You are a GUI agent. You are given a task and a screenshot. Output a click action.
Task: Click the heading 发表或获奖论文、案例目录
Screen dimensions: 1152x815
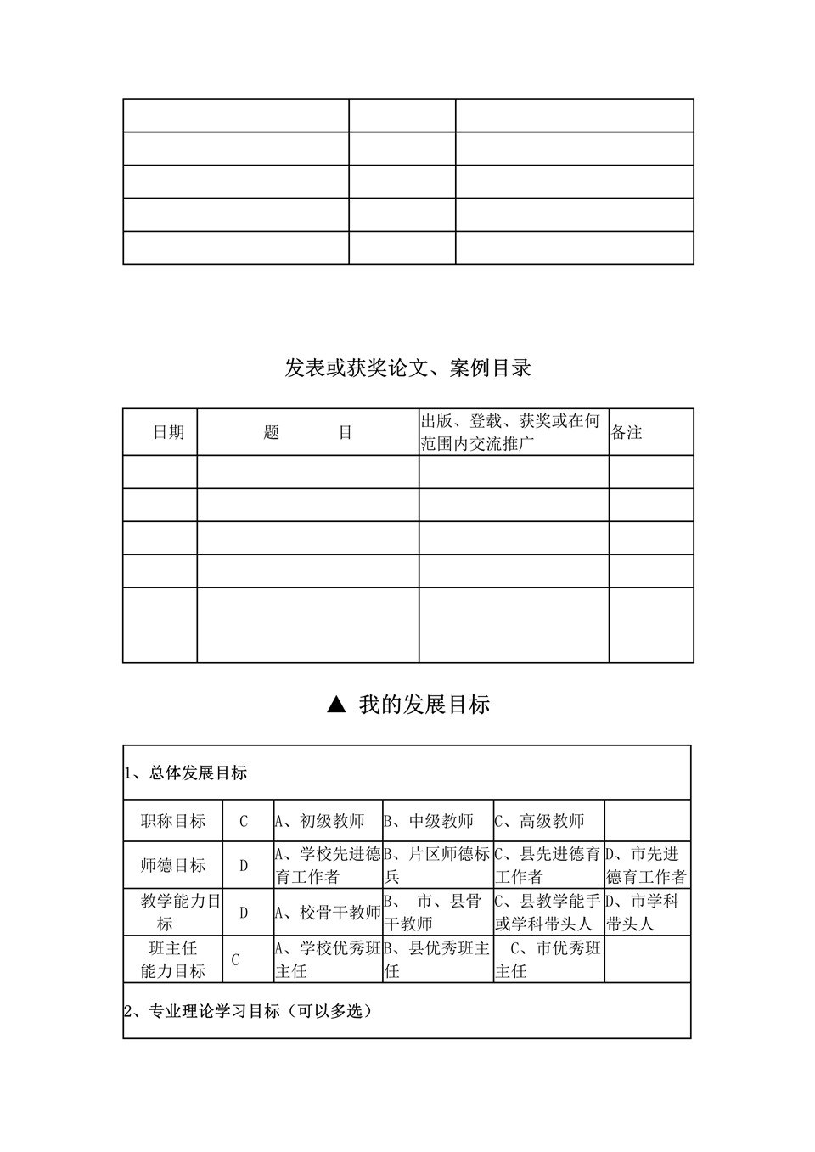point(407,368)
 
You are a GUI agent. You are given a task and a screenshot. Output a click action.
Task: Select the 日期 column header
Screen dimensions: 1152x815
point(168,432)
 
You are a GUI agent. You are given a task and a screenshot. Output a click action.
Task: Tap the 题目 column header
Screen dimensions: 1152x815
point(307,432)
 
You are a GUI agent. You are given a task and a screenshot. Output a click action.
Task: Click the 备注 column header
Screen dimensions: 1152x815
point(627,432)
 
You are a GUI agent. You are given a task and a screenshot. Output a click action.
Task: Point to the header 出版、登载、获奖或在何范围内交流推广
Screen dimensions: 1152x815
point(511,432)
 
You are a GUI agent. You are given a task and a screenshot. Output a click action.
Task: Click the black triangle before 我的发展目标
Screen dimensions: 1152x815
point(336,705)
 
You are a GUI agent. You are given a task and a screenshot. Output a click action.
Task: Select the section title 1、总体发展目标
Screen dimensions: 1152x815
point(186,773)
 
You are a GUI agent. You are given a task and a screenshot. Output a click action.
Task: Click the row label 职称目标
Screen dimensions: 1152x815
point(173,821)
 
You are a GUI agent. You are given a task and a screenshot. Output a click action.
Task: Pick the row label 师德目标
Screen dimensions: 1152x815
point(173,865)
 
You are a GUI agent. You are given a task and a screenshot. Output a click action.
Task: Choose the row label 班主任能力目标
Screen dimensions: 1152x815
point(173,959)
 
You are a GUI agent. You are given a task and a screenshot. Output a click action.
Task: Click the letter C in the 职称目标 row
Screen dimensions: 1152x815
point(244,822)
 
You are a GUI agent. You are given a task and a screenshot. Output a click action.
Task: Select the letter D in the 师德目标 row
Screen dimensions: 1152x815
point(244,866)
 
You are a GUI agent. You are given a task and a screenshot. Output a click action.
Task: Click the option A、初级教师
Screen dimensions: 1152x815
point(320,821)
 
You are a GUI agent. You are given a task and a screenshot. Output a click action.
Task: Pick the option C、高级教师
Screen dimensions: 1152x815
point(540,821)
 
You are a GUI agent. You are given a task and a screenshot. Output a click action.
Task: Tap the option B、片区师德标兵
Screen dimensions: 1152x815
point(437,865)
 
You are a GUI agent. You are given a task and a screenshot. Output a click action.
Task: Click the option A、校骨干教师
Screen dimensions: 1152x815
point(328,913)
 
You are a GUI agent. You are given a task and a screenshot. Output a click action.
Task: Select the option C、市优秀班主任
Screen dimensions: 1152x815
point(548,959)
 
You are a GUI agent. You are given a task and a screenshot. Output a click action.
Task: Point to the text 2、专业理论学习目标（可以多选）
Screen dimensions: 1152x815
point(248,1011)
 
